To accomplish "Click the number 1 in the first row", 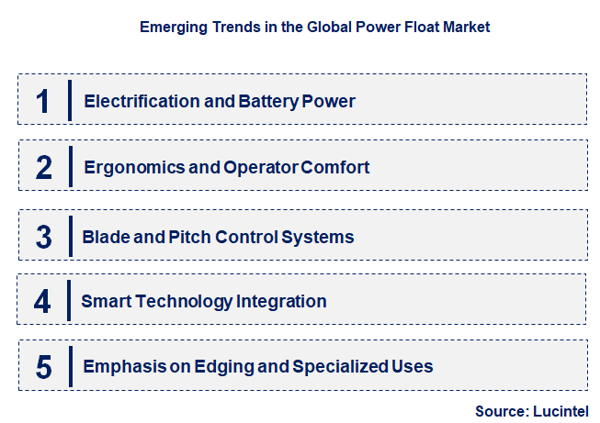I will click(x=42, y=100).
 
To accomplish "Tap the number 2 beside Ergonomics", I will click(x=44, y=167).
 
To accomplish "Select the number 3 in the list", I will click(x=44, y=236).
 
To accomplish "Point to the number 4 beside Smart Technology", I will click(x=44, y=300).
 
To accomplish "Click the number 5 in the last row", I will click(x=44, y=366).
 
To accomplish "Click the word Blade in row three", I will click(x=104, y=237).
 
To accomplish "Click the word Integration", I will click(x=283, y=301).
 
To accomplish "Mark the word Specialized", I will click(x=339, y=367).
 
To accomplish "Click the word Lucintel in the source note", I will click(x=560, y=412).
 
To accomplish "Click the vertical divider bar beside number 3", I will click(x=70, y=236).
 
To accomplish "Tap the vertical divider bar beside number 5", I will click(x=70, y=366).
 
